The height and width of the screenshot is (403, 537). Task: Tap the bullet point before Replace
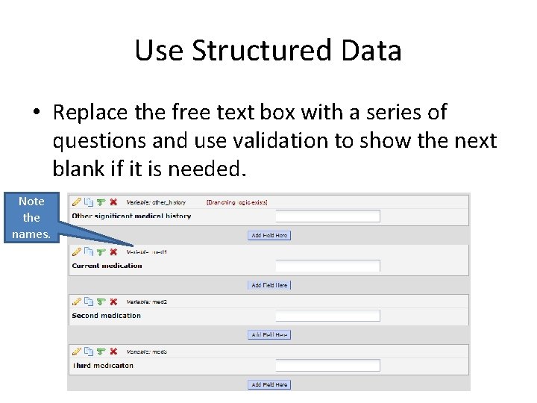tap(36, 113)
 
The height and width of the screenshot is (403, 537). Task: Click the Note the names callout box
tap(31, 217)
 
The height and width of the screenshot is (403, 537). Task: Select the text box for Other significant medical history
tap(327, 216)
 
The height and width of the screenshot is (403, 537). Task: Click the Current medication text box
tap(327, 266)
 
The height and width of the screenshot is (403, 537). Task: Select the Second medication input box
tap(327, 316)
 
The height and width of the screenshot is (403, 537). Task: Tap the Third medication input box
tap(327, 366)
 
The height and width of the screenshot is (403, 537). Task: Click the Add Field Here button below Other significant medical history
tap(268, 235)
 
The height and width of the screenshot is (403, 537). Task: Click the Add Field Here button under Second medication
tap(268, 335)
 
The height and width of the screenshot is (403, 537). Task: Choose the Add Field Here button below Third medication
tap(268, 385)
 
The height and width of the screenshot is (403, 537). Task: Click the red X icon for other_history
tap(113, 201)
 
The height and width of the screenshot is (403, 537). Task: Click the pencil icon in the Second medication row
tap(76, 302)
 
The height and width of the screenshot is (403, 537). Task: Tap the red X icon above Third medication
tap(113, 352)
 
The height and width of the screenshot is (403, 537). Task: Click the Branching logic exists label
tap(236, 202)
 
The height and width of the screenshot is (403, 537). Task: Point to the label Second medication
tap(106, 316)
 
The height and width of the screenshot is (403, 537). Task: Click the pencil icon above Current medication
tap(76, 252)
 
